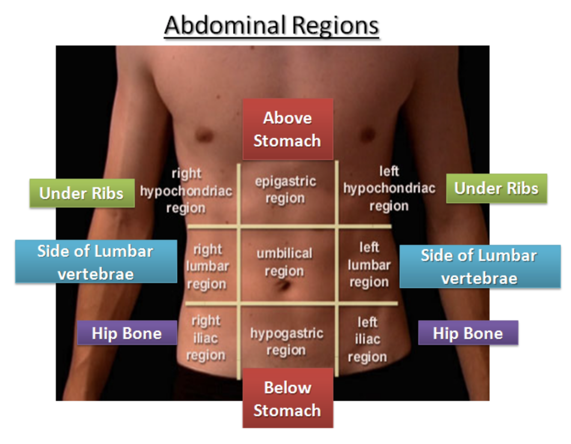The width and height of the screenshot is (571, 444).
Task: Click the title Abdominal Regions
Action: (x=272, y=25)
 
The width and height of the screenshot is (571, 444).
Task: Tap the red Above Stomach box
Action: (x=288, y=129)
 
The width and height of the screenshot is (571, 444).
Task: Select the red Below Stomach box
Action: (x=288, y=398)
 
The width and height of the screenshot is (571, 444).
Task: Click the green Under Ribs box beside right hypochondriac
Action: (x=82, y=193)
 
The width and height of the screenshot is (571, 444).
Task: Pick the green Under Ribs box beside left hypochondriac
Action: (x=497, y=188)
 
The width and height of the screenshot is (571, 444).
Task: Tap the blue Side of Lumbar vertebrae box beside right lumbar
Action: (x=96, y=262)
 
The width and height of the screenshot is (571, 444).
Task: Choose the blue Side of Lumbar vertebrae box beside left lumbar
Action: (x=480, y=267)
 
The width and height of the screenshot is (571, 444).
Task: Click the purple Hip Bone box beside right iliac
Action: (x=127, y=333)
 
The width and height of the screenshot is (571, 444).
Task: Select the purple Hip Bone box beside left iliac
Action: (x=468, y=333)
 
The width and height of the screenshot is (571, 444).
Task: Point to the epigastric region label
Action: (x=285, y=190)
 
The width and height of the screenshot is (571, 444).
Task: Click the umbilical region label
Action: (x=285, y=262)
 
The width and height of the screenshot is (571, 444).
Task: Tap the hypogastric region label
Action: (x=287, y=341)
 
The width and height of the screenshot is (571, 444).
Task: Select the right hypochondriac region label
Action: (x=186, y=191)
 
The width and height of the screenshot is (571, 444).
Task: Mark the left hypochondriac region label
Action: (x=389, y=189)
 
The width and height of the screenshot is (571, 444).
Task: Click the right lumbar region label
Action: (x=207, y=267)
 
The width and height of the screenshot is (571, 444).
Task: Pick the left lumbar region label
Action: (x=369, y=265)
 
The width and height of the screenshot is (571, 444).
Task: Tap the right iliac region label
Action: (x=206, y=338)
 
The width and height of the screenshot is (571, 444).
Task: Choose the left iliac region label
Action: (x=367, y=339)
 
